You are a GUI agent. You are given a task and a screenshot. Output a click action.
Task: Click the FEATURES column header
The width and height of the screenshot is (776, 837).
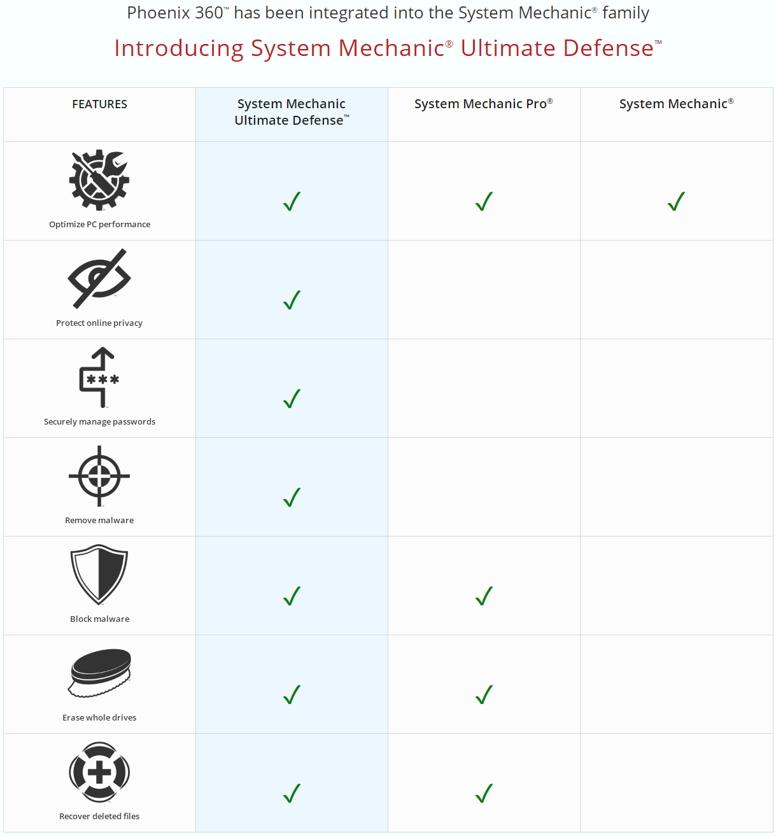[x=99, y=104]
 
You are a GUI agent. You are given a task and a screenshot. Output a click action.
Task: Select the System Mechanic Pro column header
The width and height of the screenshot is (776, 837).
[x=483, y=104]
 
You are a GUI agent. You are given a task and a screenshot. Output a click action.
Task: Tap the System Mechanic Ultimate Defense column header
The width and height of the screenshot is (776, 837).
[x=292, y=111]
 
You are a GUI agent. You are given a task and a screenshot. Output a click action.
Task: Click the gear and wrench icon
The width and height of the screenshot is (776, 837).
[x=99, y=180]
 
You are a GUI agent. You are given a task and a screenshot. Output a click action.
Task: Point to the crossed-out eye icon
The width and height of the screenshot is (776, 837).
[x=99, y=279]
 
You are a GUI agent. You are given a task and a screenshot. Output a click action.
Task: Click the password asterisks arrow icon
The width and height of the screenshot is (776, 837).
[x=99, y=377]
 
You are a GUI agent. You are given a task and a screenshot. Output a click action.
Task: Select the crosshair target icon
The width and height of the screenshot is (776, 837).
[x=99, y=476]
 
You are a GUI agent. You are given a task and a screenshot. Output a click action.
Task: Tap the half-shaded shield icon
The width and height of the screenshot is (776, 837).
[x=99, y=574]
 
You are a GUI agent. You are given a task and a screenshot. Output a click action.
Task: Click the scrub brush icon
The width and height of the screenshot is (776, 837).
[x=99, y=673]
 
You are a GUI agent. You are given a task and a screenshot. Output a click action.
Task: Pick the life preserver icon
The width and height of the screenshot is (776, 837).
[x=99, y=772]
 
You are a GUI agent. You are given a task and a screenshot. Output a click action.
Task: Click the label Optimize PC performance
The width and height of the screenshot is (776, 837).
[x=99, y=224]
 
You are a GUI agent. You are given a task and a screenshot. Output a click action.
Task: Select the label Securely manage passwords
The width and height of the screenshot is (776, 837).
[x=99, y=421]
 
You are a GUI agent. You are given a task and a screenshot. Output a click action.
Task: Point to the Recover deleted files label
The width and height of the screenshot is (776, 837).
[x=99, y=816]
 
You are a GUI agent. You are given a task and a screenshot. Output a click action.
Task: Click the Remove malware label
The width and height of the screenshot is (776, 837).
[x=99, y=520]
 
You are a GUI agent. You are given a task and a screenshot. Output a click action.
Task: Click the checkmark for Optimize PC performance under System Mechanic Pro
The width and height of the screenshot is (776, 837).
[x=484, y=202]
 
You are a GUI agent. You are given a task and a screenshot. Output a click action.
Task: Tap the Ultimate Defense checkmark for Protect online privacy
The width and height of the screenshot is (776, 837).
[x=292, y=300]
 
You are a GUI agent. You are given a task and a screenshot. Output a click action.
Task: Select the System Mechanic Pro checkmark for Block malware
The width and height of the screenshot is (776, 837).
[x=484, y=596]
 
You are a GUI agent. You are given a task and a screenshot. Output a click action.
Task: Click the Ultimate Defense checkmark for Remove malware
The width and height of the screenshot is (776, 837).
[x=292, y=497]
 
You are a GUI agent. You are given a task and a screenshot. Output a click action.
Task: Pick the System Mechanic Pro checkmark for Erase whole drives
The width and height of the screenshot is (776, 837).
[x=484, y=694]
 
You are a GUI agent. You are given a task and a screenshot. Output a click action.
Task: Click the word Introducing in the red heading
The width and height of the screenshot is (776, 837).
[x=179, y=48]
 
